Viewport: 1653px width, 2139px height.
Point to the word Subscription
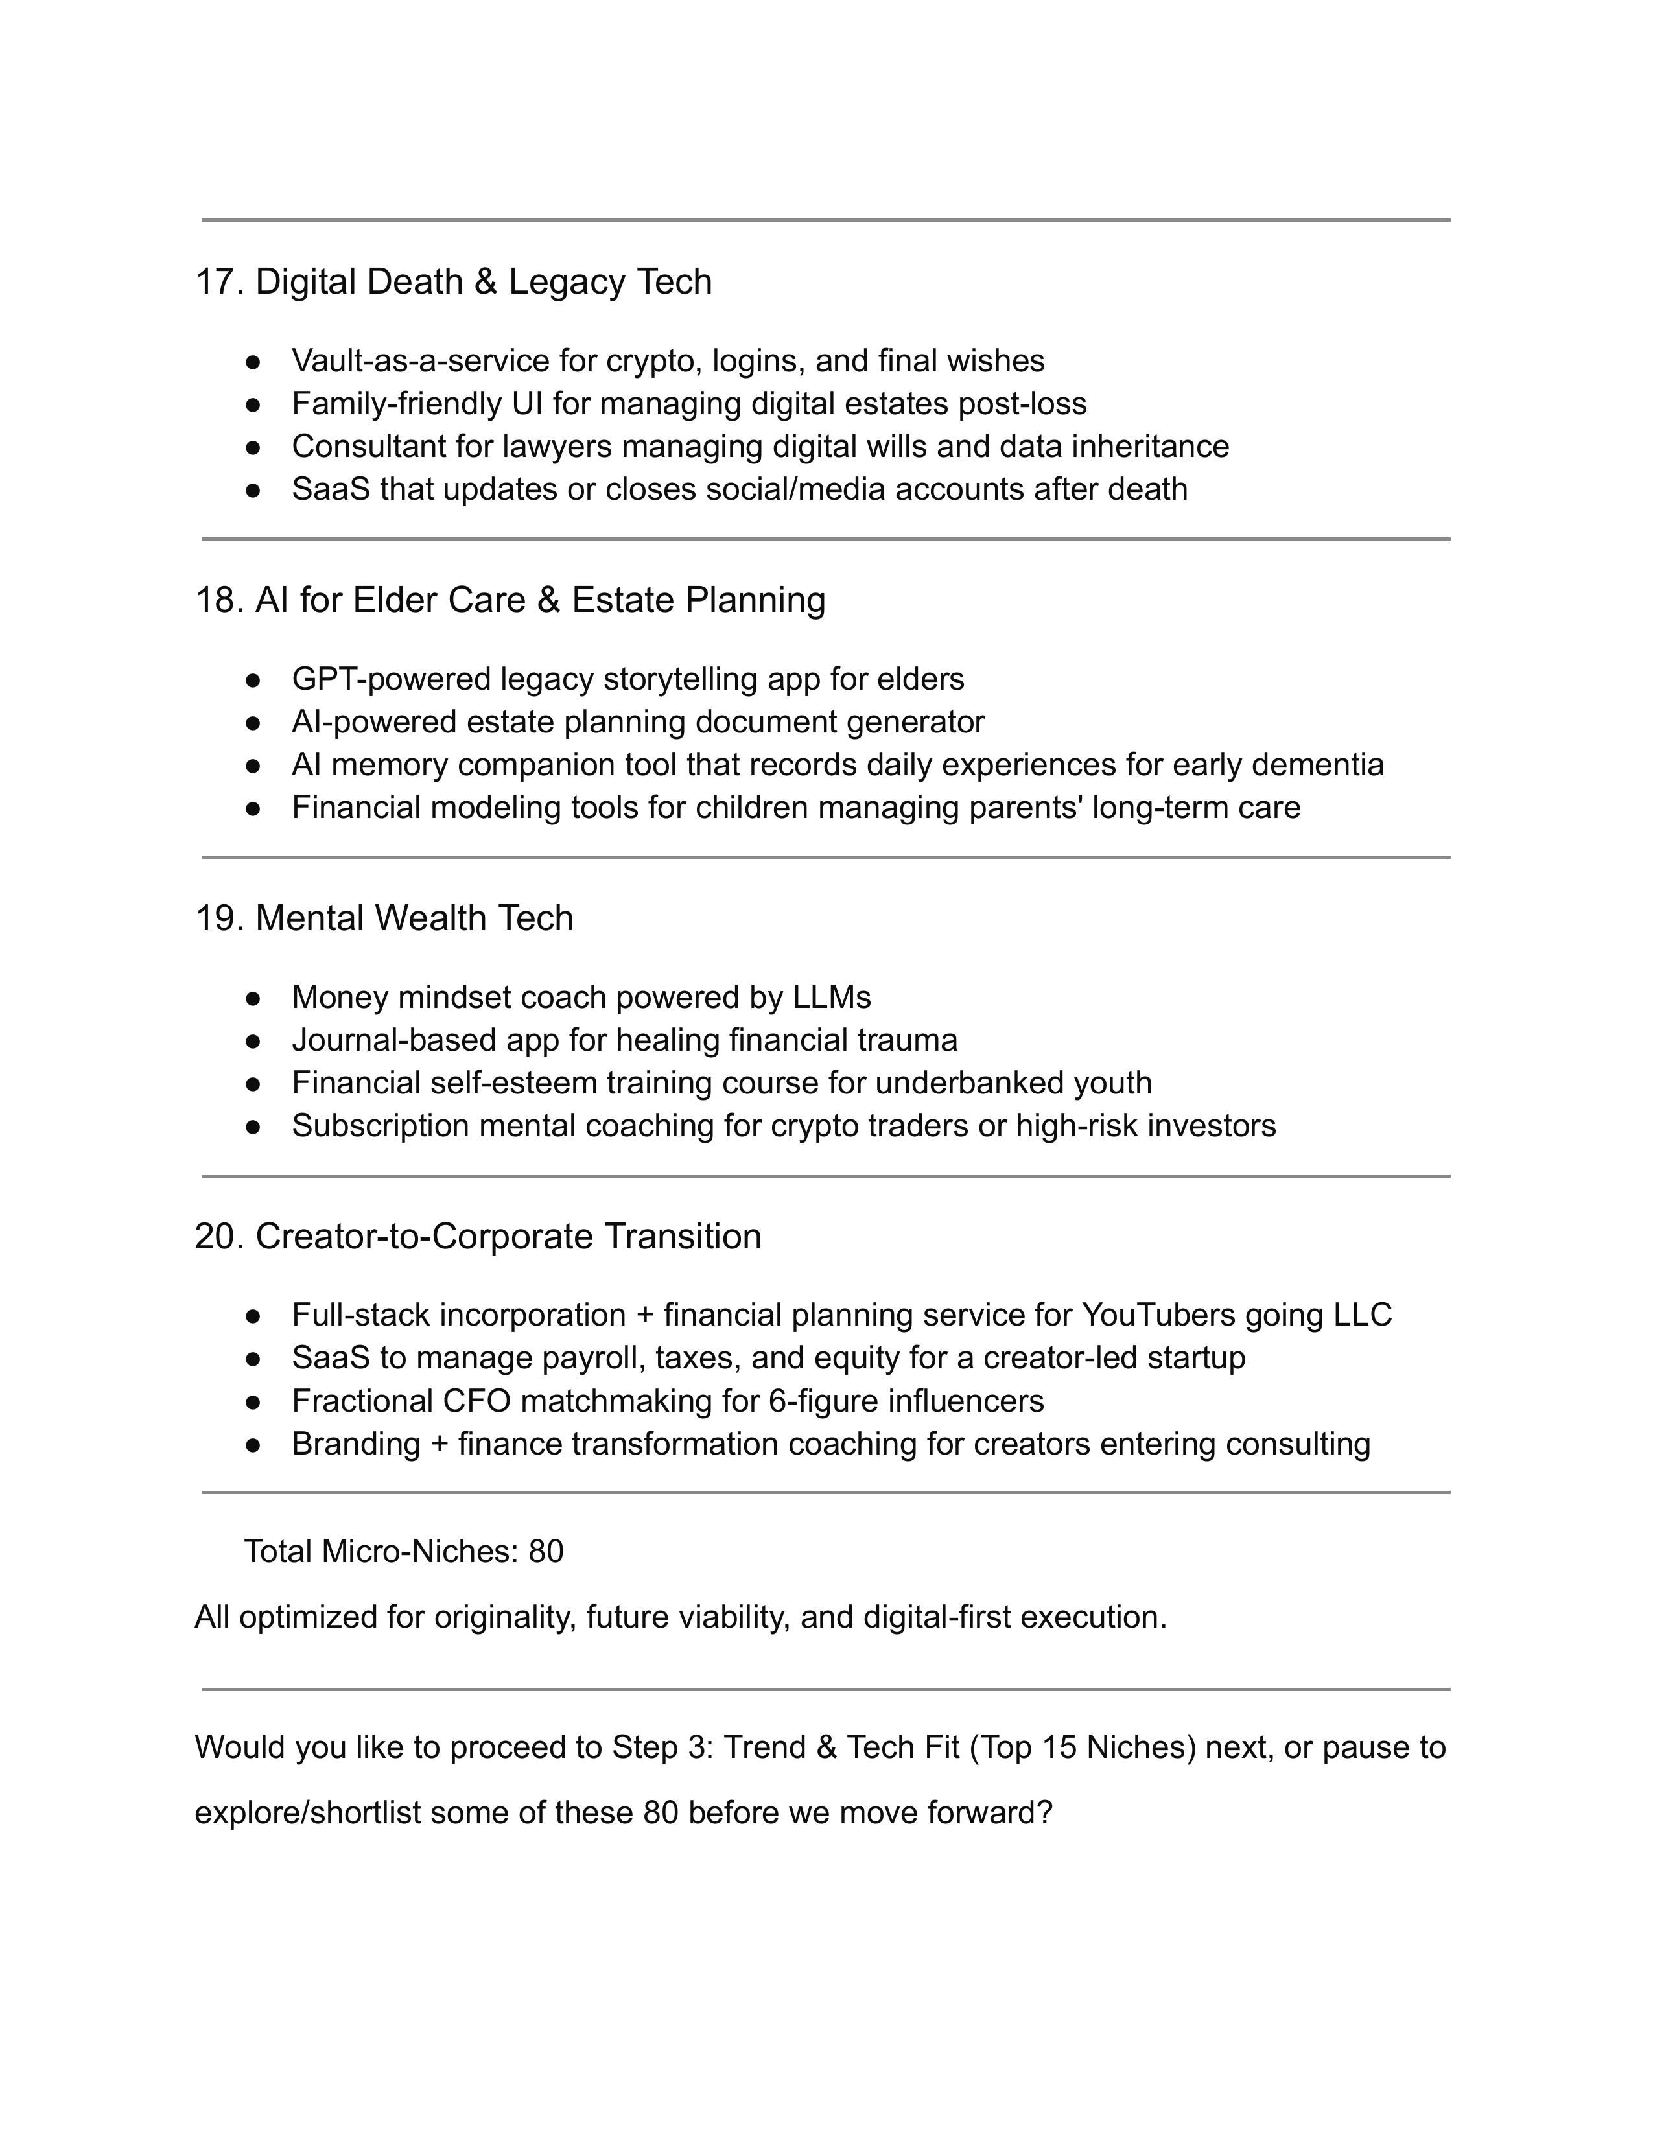pyautogui.click(x=380, y=1127)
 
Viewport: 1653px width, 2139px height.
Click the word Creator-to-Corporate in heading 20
pyautogui.click(x=424, y=1237)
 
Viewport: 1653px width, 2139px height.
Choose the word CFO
pyautogui.click(x=476, y=1401)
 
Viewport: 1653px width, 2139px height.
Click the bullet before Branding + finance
pyautogui.click(x=253, y=1445)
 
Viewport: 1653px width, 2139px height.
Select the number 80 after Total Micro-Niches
pyautogui.click(x=545, y=1551)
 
